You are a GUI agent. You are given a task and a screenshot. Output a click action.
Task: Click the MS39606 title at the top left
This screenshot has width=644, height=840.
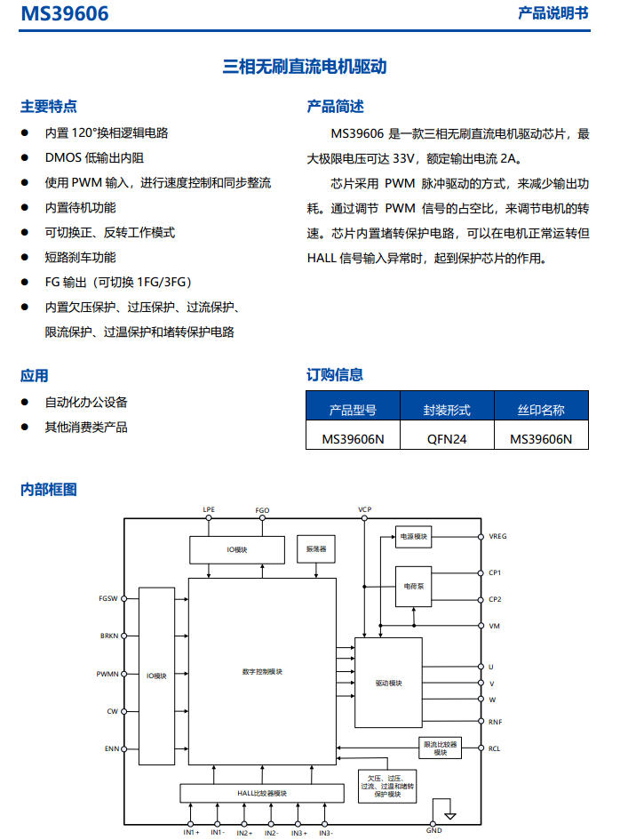pyautogui.click(x=65, y=13)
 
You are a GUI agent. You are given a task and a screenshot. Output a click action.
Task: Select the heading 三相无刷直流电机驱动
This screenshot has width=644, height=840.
pyautogui.click(x=305, y=67)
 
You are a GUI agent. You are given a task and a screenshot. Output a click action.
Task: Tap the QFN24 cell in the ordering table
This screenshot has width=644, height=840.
pyautogui.click(x=447, y=439)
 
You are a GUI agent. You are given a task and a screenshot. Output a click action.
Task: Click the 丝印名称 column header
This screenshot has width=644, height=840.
pyautogui.click(x=541, y=411)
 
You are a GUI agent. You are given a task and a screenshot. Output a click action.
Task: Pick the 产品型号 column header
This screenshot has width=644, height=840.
pyautogui.click(x=353, y=411)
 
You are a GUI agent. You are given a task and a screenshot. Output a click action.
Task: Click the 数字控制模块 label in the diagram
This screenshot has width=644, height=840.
pyautogui.click(x=262, y=672)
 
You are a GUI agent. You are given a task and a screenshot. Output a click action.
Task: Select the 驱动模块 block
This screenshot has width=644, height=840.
pyautogui.click(x=389, y=683)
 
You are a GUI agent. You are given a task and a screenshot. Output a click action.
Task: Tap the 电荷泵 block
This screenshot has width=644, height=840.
pyautogui.click(x=413, y=586)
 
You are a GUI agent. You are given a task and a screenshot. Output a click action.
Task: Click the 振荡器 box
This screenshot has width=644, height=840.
pyautogui.click(x=316, y=549)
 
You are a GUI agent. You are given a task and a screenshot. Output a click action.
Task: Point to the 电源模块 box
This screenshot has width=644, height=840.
pyautogui.click(x=413, y=536)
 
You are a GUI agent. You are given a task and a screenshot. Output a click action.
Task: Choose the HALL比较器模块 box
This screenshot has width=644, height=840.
pyautogui.click(x=262, y=794)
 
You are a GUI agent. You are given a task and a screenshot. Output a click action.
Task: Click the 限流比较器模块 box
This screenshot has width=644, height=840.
pyautogui.click(x=440, y=748)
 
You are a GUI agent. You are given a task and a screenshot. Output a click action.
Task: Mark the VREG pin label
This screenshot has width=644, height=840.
pyautogui.click(x=497, y=536)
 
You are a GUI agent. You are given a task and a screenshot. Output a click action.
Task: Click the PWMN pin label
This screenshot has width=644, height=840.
pyautogui.click(x=107, y=674)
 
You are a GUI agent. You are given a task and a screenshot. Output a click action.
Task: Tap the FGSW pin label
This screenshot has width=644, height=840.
pyautogui.click(x=108, y=598)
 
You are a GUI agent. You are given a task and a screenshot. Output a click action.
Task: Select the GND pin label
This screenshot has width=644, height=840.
pyautogui.click(x=433, y=830)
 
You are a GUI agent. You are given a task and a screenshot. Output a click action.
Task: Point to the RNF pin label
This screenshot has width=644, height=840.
pyautogui.click(x=495, y=722)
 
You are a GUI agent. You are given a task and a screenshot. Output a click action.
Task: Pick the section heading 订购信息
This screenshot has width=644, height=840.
pyautogui.click(x=335, y=375)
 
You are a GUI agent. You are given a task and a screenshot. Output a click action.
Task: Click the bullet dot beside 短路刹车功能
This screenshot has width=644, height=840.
pyautogui.click(x=25, y=257)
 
